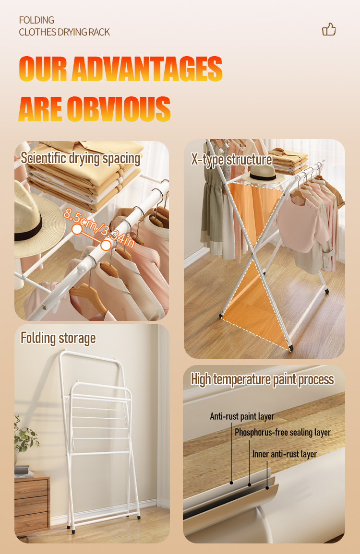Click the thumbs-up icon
click(x=329, y=30)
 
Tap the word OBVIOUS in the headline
click(x=119, y=108)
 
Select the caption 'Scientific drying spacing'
click(x=81, y=158)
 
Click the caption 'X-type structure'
click(x=231, y=160)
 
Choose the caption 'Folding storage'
click(x=58, y=338)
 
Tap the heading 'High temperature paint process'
click(x=262, y=379)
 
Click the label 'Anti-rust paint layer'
click(x=242, y=416)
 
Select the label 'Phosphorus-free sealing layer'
click(x=282, y=433)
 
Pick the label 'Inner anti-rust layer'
click(x=285, y=454)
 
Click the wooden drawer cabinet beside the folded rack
click(x=32, y=504)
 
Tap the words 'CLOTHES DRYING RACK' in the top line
click(x=64, y=32)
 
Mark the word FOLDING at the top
click(x=36, y=20)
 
